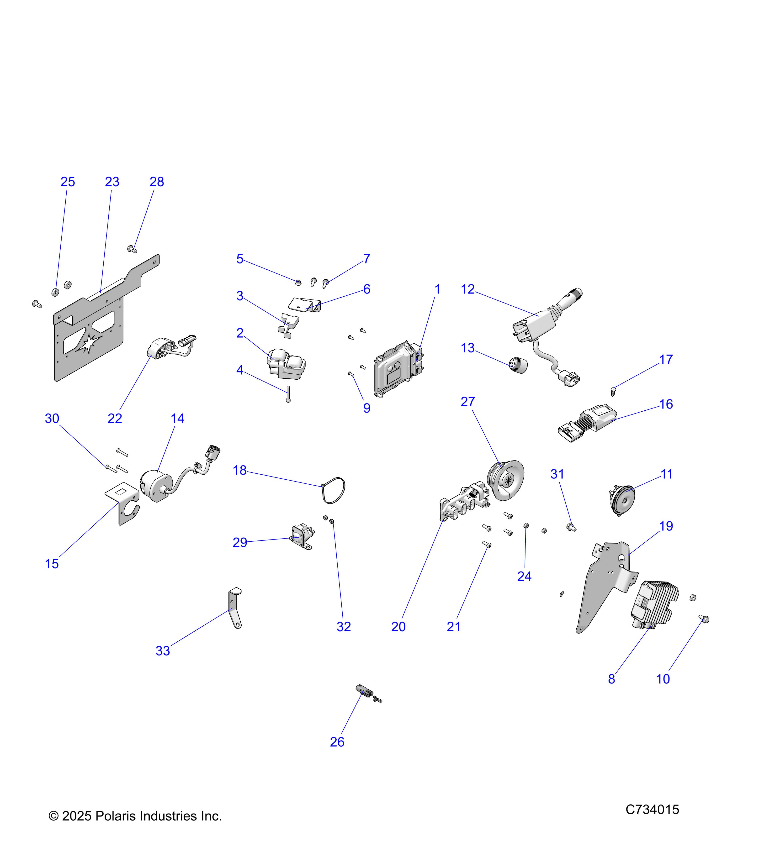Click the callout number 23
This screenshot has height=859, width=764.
pos(112,182)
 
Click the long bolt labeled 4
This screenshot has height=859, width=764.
pos(288,394)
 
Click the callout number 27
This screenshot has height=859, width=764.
pos(467,402)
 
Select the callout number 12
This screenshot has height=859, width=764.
pos(467,289)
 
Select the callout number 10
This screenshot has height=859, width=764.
pos(663,679)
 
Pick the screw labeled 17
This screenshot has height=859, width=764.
pos(613,392)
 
